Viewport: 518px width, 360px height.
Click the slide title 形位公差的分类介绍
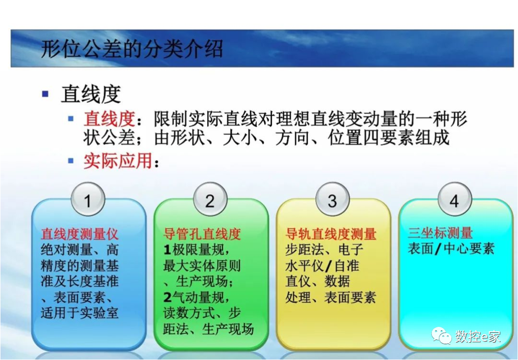(x=132, y=49)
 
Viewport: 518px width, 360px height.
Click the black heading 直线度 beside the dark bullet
(x=91, y=95)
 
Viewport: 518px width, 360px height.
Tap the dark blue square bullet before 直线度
(x=45, y=94)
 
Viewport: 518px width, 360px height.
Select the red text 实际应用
(x=118, y=161)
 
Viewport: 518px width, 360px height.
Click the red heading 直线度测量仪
(x=80, y=234)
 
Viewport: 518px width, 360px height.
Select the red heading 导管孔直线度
(x=202, y=234)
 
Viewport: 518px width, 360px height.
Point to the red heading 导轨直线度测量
(x=331, y=234)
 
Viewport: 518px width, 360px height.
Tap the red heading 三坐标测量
(x=440, y=234)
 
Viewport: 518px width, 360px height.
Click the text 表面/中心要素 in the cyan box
(x=451, y=249)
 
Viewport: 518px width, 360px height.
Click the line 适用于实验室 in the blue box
(x=80, y=313)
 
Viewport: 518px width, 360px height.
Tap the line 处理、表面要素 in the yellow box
(x=331, y=297)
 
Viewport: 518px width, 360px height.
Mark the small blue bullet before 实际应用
(x=71, y=160)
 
